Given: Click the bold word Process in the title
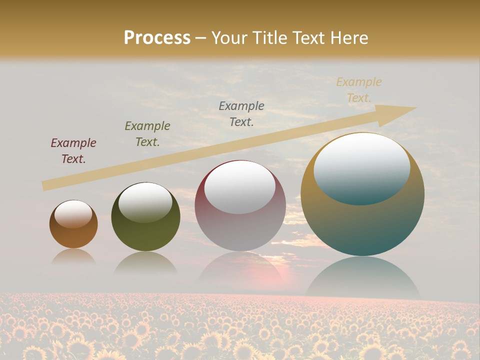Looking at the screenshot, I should (x=157, y=38).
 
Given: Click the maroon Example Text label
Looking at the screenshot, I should (x=73, y=151).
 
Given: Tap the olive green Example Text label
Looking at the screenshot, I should (x=147, y=134).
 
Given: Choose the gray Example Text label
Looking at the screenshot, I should (x=241, y=114).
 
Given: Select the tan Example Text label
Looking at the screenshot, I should (x=358, y=90).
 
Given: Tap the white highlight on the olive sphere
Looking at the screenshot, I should (x=145, y=202).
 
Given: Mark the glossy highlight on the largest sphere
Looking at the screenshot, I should (x=361, y=168).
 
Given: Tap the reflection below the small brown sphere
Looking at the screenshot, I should (x=73, y=256).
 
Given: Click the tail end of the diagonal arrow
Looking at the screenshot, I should (x=46, y=185).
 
